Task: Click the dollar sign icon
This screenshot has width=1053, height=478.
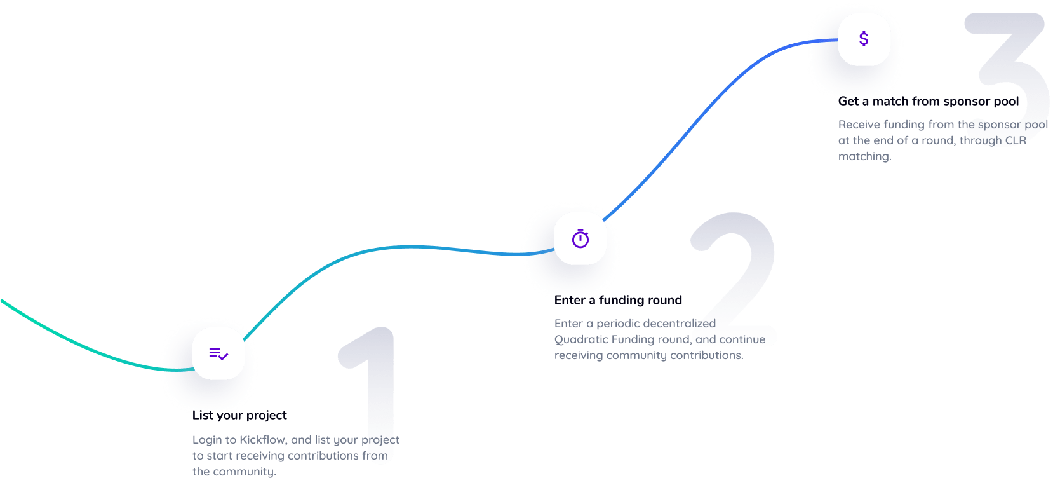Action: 864,39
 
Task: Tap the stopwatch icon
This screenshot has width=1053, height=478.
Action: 580,239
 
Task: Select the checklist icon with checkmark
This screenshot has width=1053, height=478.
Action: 218,354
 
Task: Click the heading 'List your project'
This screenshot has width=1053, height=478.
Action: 239,415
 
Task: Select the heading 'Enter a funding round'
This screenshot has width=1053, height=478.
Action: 618,300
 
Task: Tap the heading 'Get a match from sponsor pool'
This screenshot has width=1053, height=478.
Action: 928,101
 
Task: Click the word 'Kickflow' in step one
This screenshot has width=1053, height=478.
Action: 263,440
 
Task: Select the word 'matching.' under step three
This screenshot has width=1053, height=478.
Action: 864,156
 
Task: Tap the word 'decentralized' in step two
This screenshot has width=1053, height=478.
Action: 679,324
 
